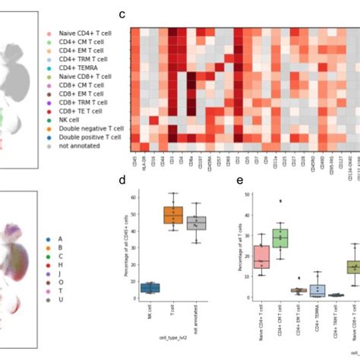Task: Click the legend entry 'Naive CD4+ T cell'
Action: pos(81,34)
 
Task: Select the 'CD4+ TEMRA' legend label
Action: pos(75,68)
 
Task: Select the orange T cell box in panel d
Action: pos(174,216)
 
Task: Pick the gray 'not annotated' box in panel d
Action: pos(197,223)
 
